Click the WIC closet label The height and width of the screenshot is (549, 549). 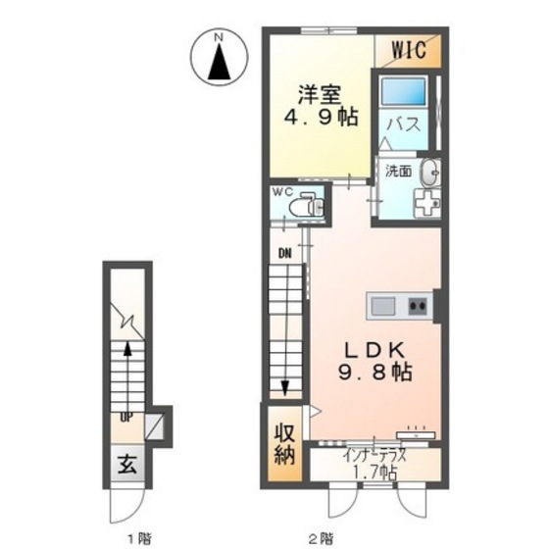tap(409, 50)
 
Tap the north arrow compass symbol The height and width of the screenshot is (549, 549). tap(220, 57)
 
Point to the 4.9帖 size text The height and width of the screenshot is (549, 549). tap(321, 118)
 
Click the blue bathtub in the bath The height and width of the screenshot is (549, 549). tap(403, 91)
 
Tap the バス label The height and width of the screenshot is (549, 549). tap(403, 125)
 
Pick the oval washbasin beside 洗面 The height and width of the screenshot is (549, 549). tap(430, 173)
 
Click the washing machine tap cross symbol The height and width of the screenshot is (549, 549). tap(427, 203)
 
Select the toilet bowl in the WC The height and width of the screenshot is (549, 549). tap(306, 207)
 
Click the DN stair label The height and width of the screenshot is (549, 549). tap(285, 254)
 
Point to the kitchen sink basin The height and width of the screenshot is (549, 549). tap(383, 306)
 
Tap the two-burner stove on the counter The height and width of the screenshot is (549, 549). tap(418, 306)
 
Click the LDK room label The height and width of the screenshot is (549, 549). tap(375, 351)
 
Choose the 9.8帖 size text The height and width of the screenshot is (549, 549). tap(374, 373)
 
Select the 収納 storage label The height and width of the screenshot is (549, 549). tap(284, 444)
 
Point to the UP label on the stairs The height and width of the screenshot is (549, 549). tap(126, 417)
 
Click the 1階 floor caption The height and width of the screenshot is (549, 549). tap(138, 538)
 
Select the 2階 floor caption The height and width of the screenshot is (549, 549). tap(321, 538)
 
